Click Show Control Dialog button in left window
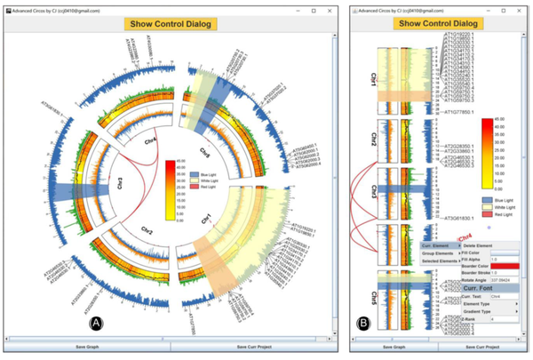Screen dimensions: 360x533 [x=169, y=23]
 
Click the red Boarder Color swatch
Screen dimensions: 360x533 [x=504, y=266]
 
